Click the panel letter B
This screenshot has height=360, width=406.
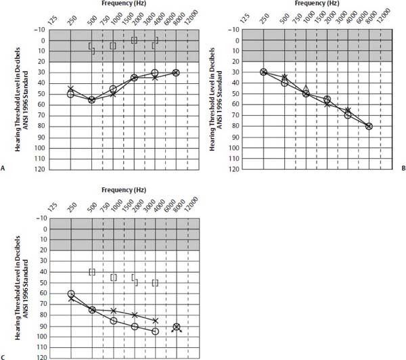click(x=403, y=167)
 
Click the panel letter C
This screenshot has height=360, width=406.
click(x=4, y=356)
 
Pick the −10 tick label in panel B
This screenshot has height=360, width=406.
click(x=237, y=29)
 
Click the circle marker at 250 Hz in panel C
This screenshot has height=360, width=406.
click(x=71, y=294)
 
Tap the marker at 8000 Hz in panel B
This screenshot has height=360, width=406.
click(x=369, y=127)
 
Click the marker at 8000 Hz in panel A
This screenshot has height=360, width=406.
click(x=176, y=72)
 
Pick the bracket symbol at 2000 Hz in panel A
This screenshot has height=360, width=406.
click(x=134, y=41)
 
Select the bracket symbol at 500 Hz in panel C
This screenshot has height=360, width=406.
click(x=92, y=272)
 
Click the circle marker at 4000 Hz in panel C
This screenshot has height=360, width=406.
click(x=155, y=332)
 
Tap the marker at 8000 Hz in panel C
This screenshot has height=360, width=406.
click(x=177, y=328)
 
